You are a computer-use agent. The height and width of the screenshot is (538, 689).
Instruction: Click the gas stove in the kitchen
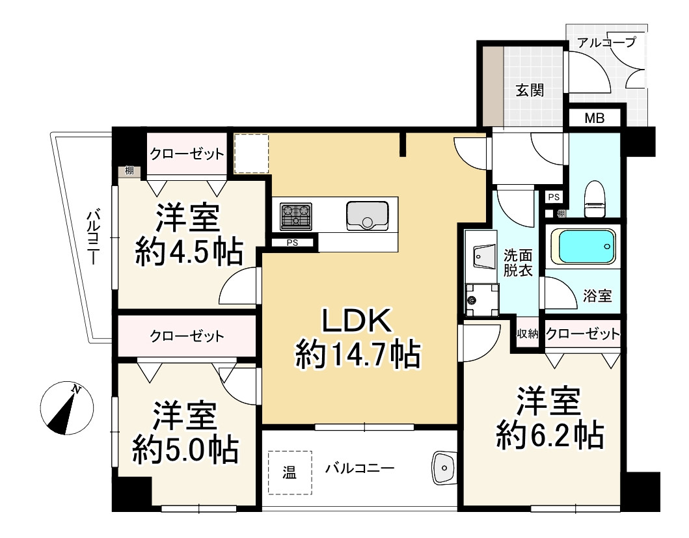296,216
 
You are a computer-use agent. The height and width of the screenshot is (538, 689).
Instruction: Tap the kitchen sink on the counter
367,215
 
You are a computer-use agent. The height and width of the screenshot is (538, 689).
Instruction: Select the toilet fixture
595,199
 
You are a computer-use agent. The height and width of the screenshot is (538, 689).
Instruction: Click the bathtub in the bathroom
583,246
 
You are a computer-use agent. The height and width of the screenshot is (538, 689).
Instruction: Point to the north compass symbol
67,408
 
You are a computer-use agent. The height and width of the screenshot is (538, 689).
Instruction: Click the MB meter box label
594,118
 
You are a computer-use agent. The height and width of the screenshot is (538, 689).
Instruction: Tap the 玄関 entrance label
530,90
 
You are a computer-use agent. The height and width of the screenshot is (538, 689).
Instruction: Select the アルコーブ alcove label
606,43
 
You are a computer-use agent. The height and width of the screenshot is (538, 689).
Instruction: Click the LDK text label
357,321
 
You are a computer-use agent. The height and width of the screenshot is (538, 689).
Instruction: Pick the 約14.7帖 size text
358,355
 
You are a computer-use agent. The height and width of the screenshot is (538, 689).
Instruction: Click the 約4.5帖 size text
189,251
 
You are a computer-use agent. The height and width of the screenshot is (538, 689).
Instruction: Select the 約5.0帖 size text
186,450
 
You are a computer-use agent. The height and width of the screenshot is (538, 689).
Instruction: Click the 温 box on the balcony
290,472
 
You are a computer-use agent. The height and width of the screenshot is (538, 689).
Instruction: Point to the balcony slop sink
444,468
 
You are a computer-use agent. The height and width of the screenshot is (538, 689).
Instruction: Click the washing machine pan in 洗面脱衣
482,300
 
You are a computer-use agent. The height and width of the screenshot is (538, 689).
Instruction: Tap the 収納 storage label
527,334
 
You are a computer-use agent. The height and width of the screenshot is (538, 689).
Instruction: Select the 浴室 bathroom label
597,296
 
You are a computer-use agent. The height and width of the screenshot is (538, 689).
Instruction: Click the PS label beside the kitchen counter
292,243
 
